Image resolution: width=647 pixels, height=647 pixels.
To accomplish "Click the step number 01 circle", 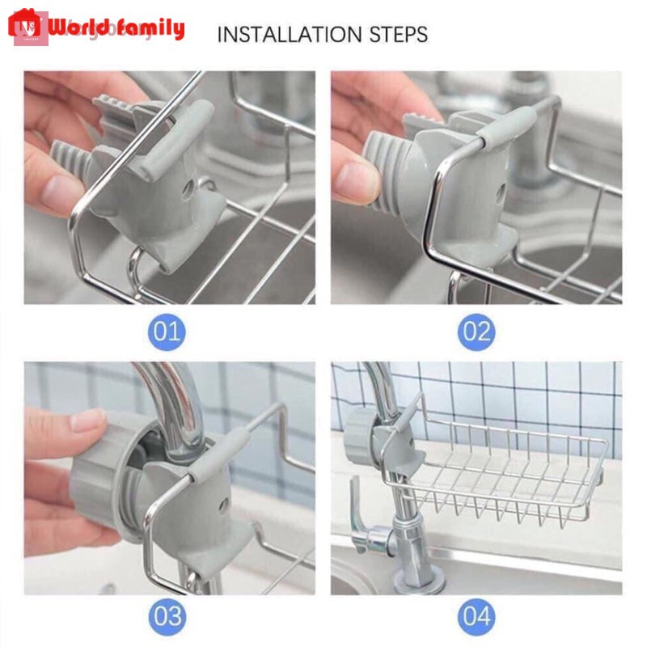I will (x=169, y=332).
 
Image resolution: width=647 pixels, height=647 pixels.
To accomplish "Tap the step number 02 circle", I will (x=476, y=332).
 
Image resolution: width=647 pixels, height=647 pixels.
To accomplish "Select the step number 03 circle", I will (x=169, y=617).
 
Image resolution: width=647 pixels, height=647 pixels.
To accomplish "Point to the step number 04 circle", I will (x=476, y=617).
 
